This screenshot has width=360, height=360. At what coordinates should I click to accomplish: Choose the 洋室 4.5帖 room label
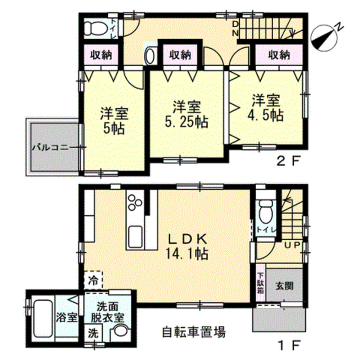pos(265,107)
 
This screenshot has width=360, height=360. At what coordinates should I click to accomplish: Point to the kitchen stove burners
pos(135,202)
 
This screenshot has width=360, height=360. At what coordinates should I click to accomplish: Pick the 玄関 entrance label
pos(284,286)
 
